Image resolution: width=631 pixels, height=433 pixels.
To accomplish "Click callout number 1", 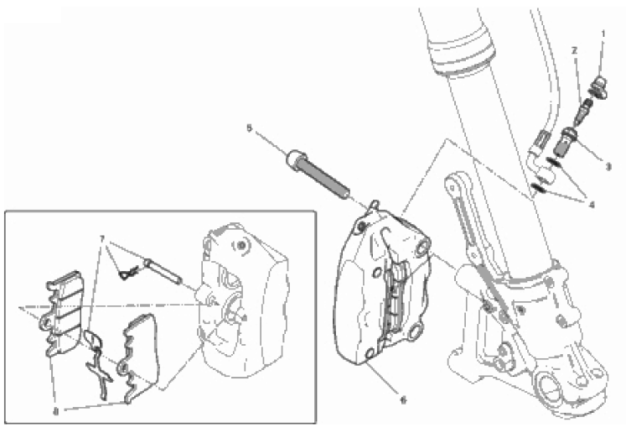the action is (x=603, y=34).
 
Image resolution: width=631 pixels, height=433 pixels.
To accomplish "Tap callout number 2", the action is (x=574, y=50).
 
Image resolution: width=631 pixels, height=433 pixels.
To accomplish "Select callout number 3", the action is (x=608, y=166).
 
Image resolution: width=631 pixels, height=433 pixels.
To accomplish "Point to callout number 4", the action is (x=592, y=205).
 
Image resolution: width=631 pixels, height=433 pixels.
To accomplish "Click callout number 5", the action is (x=249, y=128).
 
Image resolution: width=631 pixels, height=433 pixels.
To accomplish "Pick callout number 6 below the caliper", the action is (x=403, y=399).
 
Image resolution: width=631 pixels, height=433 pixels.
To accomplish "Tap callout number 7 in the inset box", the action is (x=102, y=239).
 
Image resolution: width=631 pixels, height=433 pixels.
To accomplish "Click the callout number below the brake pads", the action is (x=56, y=412).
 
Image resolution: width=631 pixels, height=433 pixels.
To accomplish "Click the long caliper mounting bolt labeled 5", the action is (x=318, y=175).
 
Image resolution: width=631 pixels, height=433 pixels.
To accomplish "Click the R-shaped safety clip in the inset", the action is (x=129, y=274).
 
